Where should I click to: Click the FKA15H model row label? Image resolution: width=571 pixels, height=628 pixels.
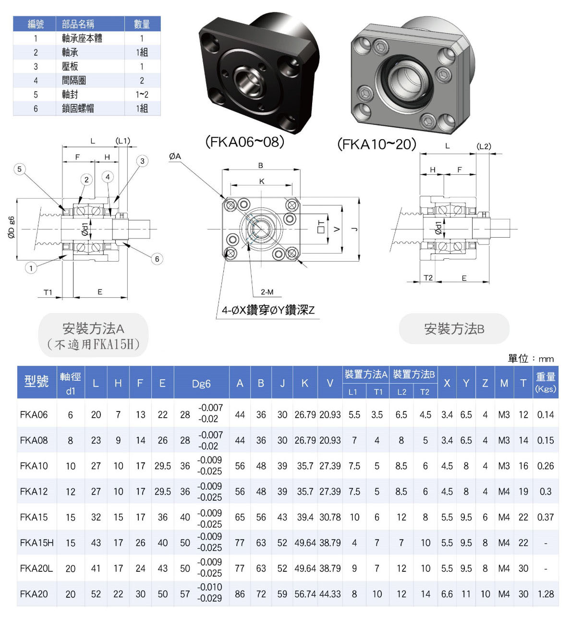coord(36,543)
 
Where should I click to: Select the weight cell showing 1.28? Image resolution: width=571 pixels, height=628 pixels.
coord(546,594)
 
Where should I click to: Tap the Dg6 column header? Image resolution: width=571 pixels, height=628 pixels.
coord(201,384)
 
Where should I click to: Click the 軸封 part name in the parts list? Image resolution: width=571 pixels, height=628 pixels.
coord(70,95)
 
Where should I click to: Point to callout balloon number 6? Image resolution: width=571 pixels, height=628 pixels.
coord(157,259)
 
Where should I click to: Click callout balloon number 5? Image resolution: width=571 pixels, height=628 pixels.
coord(19,169)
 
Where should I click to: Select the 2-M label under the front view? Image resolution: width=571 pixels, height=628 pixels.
coord(267,292)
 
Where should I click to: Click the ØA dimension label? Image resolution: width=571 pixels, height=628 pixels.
coord(175,156)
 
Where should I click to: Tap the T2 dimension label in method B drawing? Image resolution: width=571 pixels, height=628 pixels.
coord(428,278)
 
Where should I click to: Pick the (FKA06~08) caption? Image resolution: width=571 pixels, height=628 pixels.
coord(244,142)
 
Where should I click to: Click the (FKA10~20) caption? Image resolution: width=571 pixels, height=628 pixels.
coord(377,145)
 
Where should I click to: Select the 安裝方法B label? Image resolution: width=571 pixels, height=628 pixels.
coord(454,329)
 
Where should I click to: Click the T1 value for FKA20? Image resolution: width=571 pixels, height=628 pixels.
coord(377,594)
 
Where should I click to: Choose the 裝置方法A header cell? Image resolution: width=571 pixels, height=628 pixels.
coord(366,374)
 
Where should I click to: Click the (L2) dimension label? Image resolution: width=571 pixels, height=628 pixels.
coord(484,146)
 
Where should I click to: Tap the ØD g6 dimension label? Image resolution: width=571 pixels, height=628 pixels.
coord(11,228)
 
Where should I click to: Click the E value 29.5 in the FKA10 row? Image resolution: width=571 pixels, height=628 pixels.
coord(163,466)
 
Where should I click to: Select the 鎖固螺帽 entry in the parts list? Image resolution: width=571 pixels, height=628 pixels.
coord(78,109)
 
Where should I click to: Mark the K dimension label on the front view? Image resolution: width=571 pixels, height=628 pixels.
coord(262,181)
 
